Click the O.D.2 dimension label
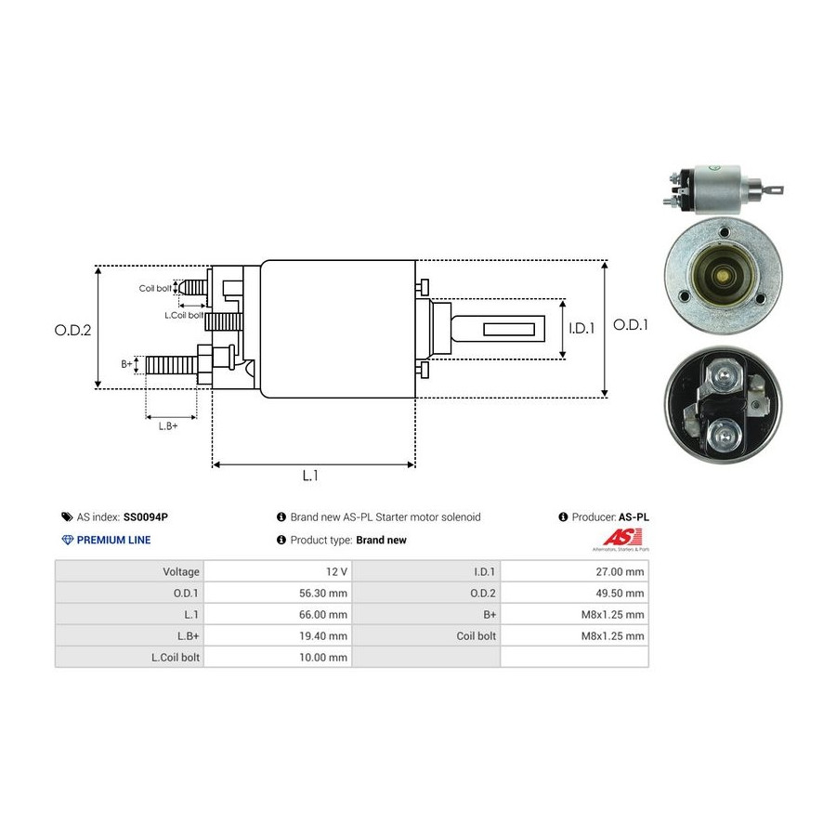(x=72, y=329)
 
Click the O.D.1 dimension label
(x=632, y=325)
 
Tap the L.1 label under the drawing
(x=311, y=476)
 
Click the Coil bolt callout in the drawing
(x=155, y=288)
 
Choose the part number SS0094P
(x=149, y=517)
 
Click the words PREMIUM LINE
(x=113, y=540)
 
